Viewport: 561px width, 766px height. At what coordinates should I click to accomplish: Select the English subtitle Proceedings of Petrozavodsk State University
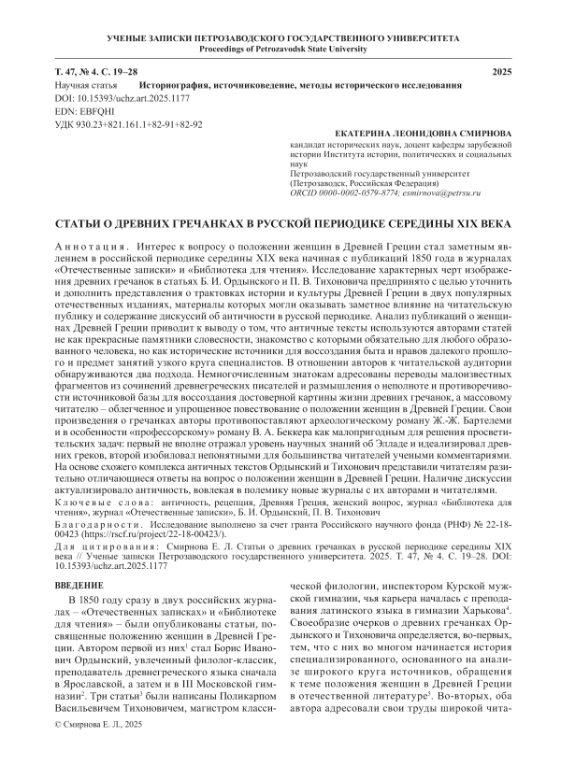tap(280, 49)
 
